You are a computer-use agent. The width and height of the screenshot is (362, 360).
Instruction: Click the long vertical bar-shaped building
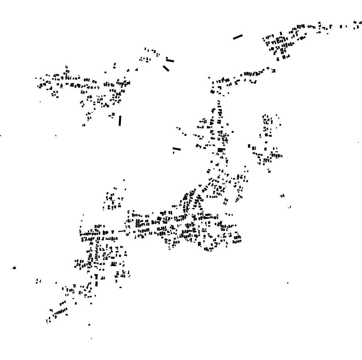120,121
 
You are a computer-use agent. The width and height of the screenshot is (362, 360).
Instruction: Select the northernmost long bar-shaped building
238,37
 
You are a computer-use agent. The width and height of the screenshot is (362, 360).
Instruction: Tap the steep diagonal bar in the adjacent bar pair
166,69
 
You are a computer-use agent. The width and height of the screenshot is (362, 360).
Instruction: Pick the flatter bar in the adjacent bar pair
170,61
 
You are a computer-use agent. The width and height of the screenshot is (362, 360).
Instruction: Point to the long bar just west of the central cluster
177,148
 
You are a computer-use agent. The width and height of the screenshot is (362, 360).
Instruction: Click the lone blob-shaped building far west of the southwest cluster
14,268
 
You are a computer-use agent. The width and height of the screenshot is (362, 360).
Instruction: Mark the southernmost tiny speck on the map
91,339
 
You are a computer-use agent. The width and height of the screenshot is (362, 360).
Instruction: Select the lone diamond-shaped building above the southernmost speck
89,325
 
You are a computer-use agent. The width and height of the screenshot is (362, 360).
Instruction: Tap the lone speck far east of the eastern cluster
358,143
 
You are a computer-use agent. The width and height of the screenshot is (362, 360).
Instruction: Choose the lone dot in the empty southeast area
288,282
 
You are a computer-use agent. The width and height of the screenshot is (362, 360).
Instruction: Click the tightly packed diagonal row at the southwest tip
59,312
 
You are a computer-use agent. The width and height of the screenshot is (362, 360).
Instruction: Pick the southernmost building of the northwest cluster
84,125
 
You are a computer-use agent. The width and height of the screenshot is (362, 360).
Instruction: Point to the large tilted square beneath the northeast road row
212,92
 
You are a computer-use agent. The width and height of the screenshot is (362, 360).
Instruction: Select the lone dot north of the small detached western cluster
124,180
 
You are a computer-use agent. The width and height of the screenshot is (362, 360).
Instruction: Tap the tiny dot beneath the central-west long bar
174,153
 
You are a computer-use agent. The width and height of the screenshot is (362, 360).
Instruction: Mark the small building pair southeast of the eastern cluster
283,196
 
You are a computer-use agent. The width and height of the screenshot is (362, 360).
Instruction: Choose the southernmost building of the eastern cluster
269,171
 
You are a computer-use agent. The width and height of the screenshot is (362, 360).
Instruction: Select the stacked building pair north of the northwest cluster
114,65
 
